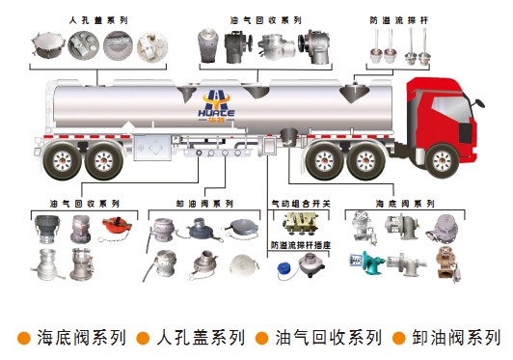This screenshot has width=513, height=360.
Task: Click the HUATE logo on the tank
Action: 216,107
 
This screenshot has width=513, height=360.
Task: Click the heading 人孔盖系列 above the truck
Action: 98,20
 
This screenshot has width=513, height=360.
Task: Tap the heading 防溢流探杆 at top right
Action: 399,20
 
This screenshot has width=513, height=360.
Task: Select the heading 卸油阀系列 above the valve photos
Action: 204,204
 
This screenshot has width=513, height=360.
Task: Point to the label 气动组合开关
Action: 301,204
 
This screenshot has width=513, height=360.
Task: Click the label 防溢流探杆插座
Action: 301,245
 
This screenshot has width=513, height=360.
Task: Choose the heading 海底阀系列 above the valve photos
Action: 405,204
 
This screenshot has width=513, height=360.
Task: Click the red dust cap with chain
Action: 117,225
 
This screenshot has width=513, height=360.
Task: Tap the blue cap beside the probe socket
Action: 283,269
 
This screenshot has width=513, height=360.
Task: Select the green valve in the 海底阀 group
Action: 368,263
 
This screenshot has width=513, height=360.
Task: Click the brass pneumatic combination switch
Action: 300,222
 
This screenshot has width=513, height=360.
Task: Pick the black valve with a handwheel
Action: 238,46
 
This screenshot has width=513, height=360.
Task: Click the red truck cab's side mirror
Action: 478,102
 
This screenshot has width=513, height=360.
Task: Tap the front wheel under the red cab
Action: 442,161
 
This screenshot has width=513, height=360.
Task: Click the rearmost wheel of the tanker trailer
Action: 62,161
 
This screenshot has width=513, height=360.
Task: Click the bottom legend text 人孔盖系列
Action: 201,338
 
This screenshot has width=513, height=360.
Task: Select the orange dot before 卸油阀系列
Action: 399,338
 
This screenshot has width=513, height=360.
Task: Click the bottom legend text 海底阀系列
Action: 81,338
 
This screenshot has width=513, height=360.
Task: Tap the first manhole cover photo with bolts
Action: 47,45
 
